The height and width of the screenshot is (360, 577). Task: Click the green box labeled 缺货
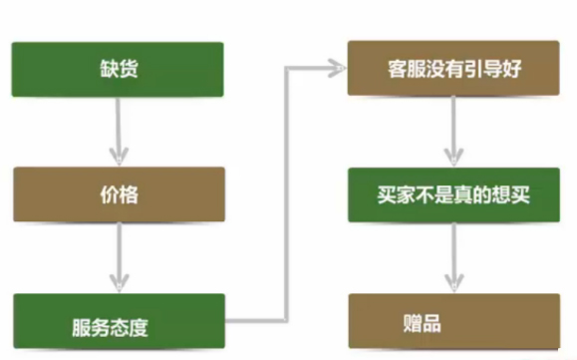(x=118, y=69)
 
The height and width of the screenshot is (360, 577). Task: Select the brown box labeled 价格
(x=118, y=194)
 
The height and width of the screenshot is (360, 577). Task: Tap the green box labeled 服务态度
(x=118, y=322)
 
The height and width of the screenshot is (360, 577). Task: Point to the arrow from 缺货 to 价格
(x=119, y=130)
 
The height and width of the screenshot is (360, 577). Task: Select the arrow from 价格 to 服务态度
(x=119, y=256)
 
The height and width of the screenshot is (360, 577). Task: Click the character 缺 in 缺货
(x=107, y=70)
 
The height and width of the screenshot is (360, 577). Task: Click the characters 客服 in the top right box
(x=407, y=70)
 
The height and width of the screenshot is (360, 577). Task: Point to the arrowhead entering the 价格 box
(x=119, y=157)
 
